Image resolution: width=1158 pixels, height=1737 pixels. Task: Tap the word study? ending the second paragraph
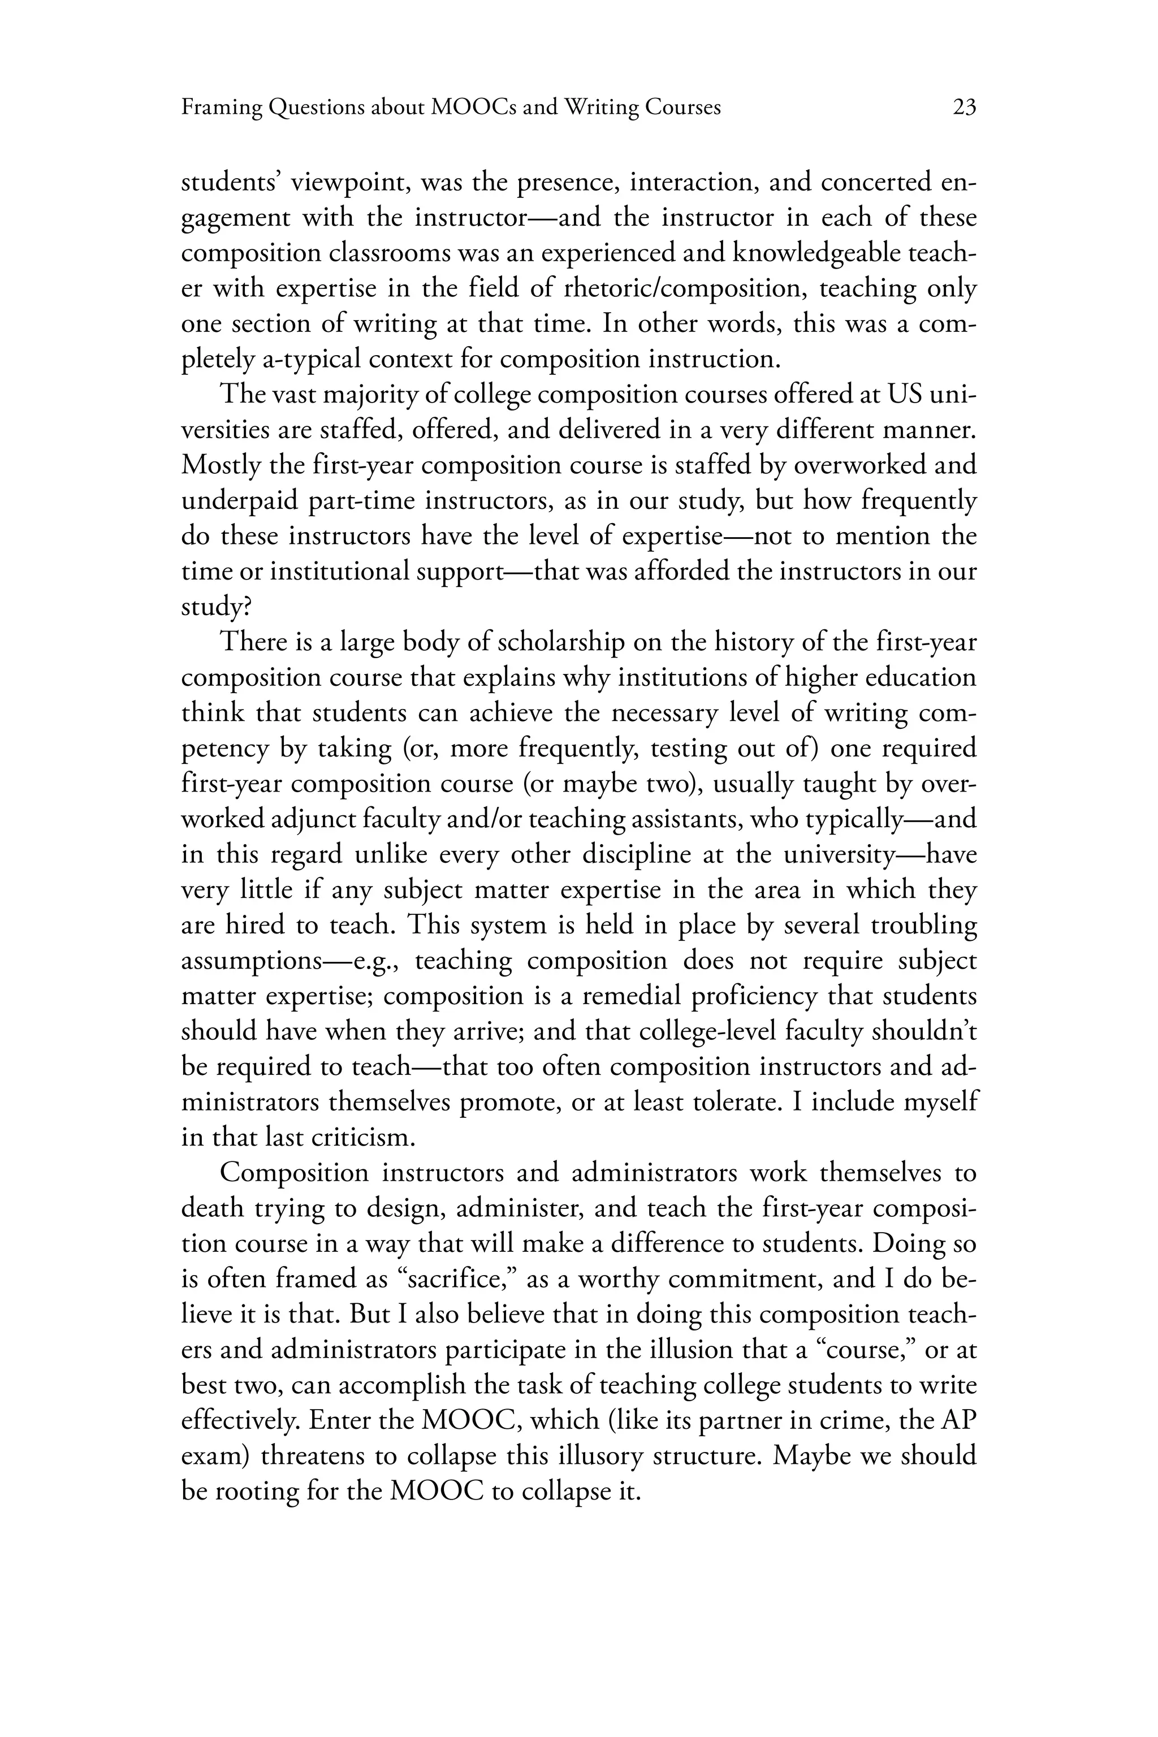tap(215, 608)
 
